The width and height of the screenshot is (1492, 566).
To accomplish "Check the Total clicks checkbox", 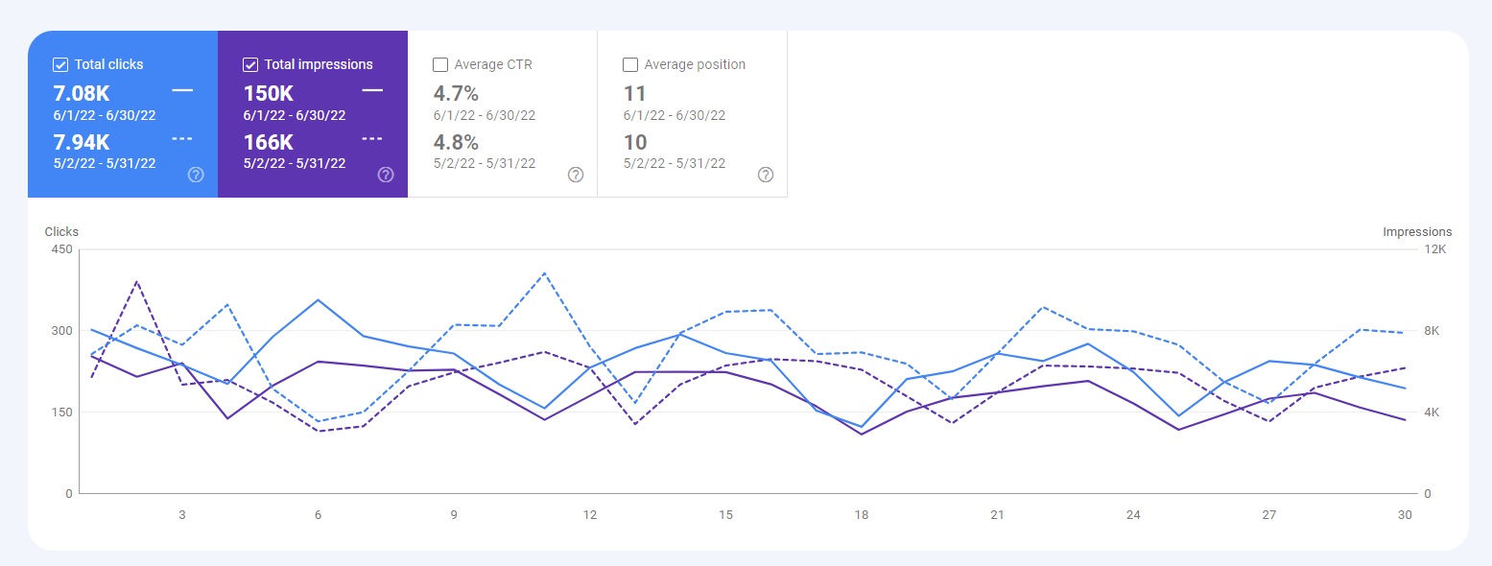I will [60, 65].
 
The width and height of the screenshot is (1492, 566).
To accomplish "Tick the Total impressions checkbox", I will [250, 65].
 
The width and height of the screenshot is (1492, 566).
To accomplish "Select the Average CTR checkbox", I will [440, 65].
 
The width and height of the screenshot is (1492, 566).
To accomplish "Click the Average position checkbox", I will [630, 65].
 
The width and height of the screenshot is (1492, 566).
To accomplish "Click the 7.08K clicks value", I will [81, 93].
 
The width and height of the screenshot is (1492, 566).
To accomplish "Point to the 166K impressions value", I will [269, 142].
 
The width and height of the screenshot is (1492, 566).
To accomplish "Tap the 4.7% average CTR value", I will [456, 93].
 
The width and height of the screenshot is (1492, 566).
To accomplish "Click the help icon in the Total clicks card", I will [196, 175].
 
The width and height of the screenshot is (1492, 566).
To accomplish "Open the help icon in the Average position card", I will [766, 175].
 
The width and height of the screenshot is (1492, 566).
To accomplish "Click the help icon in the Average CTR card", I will [576, 175].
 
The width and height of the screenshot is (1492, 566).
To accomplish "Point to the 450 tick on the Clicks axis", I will [61, 249].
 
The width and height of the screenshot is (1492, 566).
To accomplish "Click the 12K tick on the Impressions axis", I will [1435, 249].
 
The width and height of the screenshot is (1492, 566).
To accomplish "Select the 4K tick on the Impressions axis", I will [1433, 413].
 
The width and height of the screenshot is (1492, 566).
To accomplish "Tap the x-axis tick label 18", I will [862, 515].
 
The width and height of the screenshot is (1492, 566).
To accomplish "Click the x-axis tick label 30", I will [1405, 515].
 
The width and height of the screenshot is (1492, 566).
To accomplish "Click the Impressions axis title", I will [1417, 232].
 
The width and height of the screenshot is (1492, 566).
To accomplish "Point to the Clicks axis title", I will [61, 232].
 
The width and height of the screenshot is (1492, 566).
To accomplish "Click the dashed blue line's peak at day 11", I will [544, 273].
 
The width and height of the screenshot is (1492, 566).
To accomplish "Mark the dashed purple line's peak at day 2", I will [136, 281].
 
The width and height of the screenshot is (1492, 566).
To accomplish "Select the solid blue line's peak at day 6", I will [318, 300].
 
